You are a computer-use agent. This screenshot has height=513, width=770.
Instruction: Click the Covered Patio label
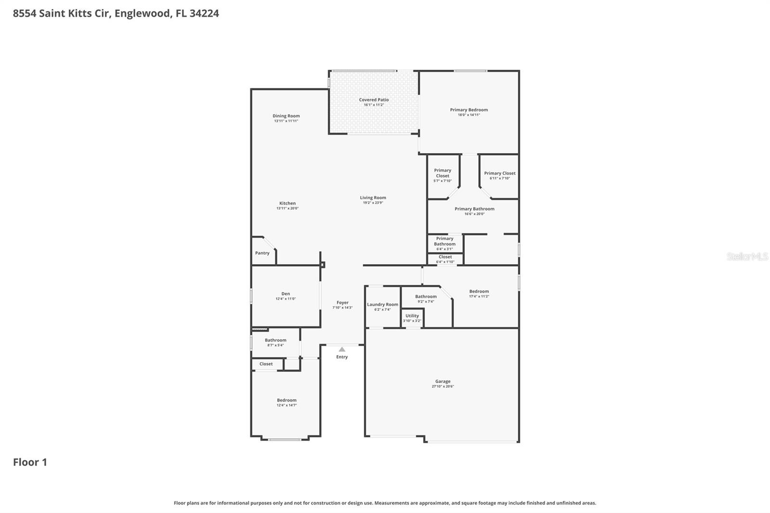click(x=373, y=100)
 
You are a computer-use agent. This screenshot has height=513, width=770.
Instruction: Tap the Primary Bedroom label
click(x=469, y=110)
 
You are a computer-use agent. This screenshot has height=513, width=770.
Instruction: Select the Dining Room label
click(x=286, y=116)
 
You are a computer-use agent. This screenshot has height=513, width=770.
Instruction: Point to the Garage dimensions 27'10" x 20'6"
click(x=443, y=386)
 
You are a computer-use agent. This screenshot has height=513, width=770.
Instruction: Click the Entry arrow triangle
click(x=342, y=349)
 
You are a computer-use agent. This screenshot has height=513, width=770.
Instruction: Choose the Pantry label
click(x=262, y=253)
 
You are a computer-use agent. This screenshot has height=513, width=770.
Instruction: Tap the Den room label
click(x=285, y=294)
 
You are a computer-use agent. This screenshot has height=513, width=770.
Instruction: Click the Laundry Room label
click(x=383, y=304)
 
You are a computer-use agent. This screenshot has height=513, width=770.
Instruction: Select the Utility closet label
click(x=412, y=316)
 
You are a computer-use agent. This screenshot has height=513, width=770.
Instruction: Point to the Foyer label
click(x=342, y=303)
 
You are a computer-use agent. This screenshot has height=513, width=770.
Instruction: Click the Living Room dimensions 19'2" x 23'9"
click(x=373, y=203)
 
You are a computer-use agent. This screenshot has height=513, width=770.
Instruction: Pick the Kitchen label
click(x=287, y=203)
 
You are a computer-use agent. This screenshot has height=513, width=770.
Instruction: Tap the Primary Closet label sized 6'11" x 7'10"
click(x=500, y=173)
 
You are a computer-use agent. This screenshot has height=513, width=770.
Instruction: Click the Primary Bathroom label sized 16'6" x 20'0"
click(x=474, y=209)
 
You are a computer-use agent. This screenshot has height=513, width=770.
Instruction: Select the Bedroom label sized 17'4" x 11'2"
click(x=479, y=291)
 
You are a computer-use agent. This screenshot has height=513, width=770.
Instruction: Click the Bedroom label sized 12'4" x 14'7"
click(x=286, y=400)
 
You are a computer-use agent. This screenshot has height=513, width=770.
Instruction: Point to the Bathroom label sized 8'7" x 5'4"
click(x=275, y=340)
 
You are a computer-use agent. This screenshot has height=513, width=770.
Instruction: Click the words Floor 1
click(x=30, y=462)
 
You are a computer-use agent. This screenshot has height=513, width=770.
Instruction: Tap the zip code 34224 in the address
click(x=204, y=13)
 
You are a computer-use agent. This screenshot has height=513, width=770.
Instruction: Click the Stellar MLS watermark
click(x=747, y=256)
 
